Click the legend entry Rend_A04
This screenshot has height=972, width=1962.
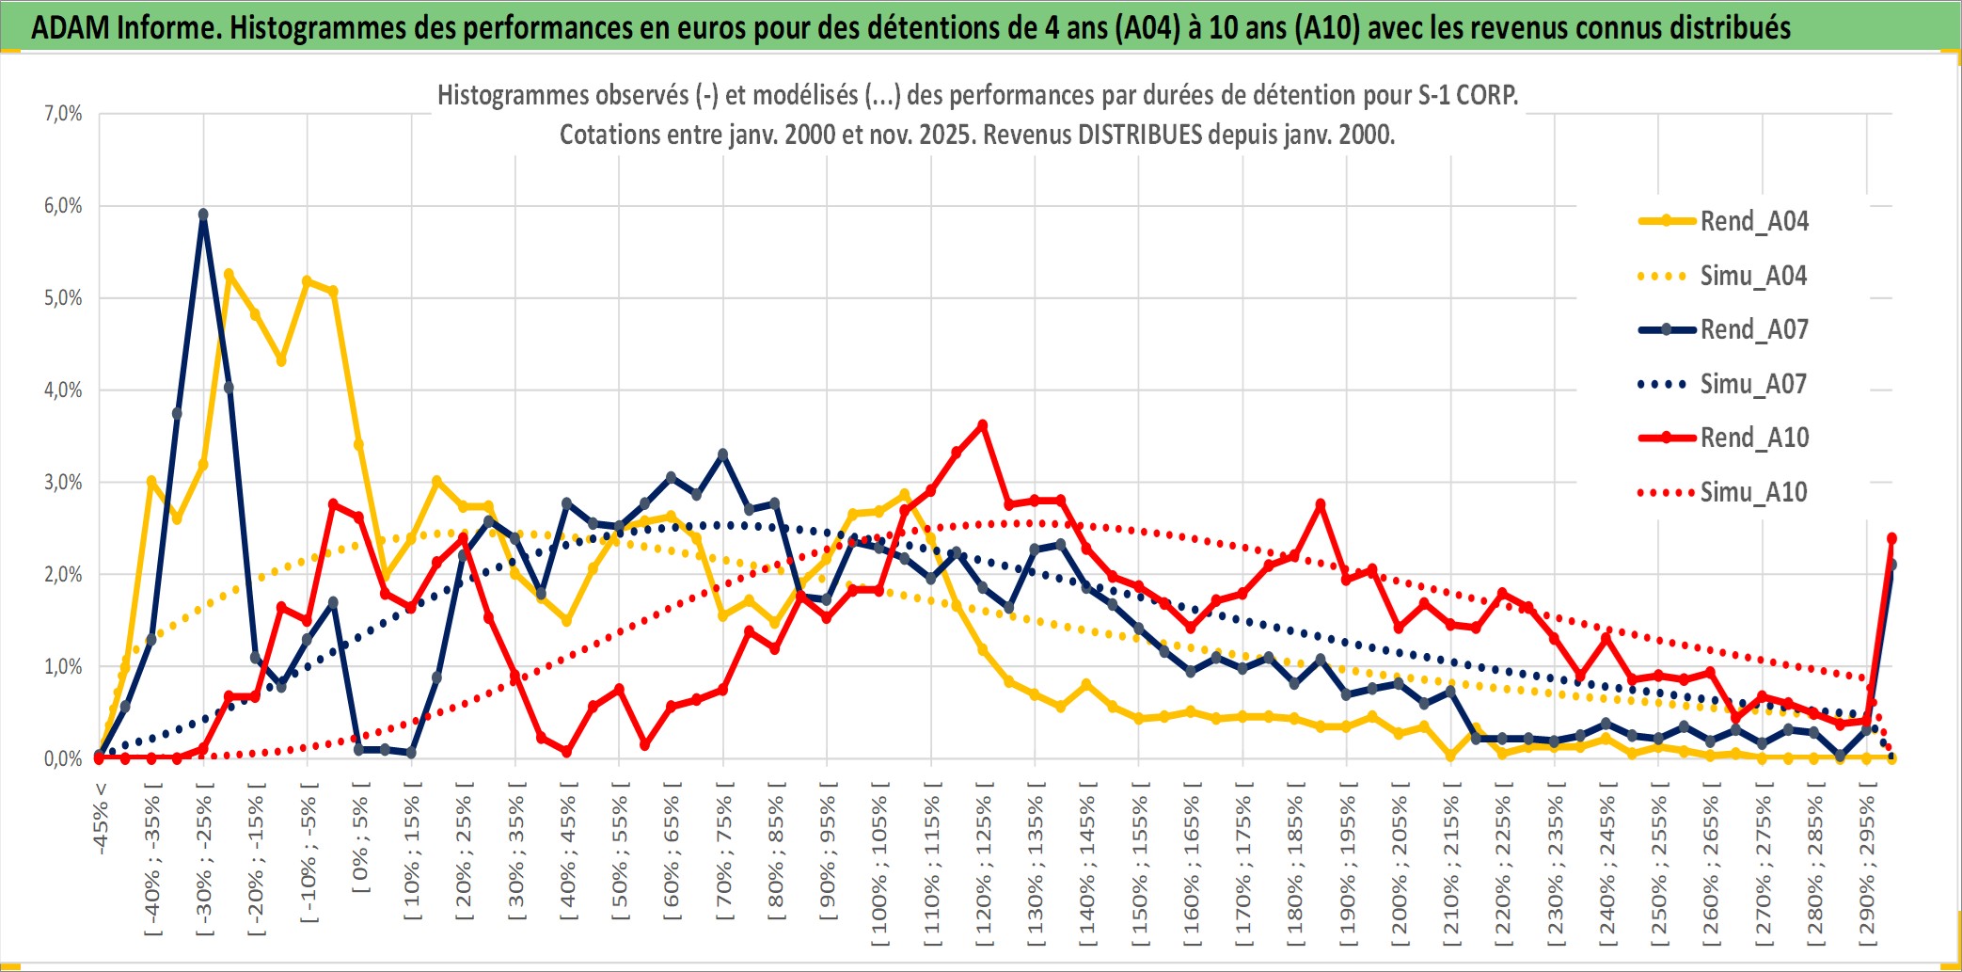click(1753, 221)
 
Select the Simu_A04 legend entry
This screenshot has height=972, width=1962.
click(1753, 276)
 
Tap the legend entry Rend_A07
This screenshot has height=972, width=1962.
click(1753, 329)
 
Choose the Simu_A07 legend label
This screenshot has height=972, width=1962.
click(1753, 384)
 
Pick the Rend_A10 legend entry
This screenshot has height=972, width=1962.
click(1753, 438)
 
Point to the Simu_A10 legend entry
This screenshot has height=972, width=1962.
click(1753, 492)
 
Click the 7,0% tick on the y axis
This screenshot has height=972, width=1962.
click(63, 114)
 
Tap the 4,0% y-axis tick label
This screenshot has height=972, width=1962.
click(63, 390)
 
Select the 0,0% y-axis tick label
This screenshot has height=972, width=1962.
click(63, 758)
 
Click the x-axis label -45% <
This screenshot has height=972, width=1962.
click(101, 819)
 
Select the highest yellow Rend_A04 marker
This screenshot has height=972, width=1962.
click(229, 274)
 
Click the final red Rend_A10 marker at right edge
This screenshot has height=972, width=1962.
click(1891, 538)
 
